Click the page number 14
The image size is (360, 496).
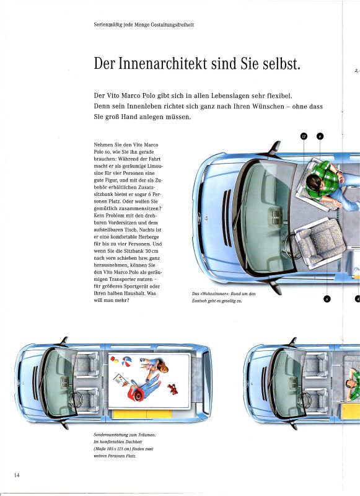click(17, 475)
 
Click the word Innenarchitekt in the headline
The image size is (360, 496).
click(163, 63)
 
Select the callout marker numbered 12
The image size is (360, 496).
click(304, 136)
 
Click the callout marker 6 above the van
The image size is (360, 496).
click(320, 136)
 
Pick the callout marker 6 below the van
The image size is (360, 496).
click(327, 299)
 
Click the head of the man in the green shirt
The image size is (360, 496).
click(314, 183)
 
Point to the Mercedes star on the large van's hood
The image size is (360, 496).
click(207, 218)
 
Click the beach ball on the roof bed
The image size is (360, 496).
click(127, 362)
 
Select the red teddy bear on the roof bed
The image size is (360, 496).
click(173, 389)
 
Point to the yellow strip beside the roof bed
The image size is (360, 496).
click(143, 414)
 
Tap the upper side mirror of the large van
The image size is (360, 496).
click(275, 148)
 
